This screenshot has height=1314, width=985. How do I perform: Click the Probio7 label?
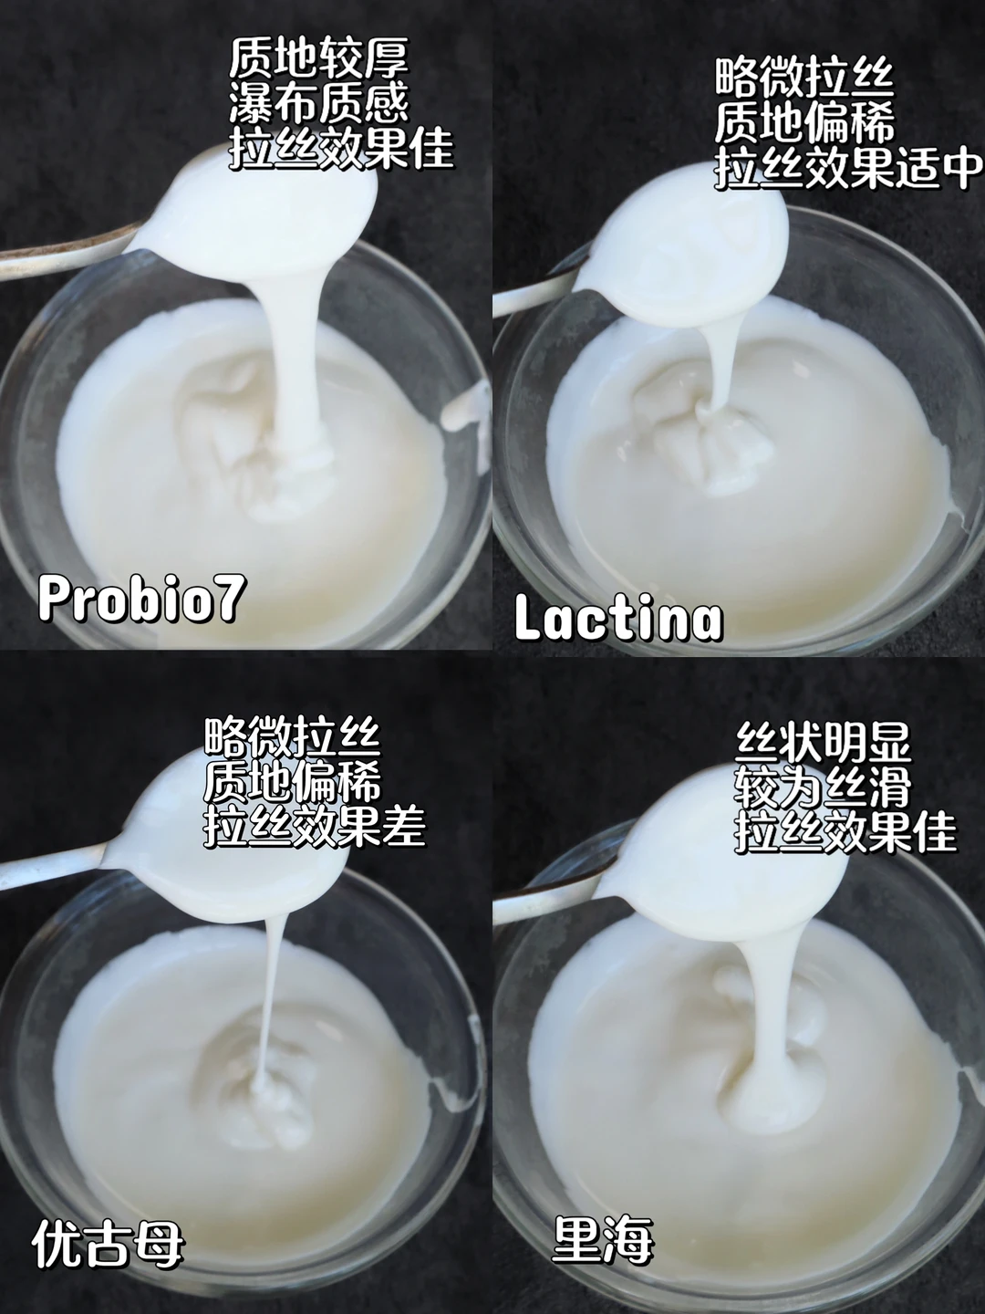point(141,599)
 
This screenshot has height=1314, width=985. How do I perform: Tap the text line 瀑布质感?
point(319,103)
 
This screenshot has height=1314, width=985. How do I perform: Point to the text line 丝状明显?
point(823,743)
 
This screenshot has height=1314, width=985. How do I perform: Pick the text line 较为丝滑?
point(823,786)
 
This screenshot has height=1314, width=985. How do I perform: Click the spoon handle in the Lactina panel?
point(534,297)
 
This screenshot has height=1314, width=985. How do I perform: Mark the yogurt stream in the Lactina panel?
point(715,365)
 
